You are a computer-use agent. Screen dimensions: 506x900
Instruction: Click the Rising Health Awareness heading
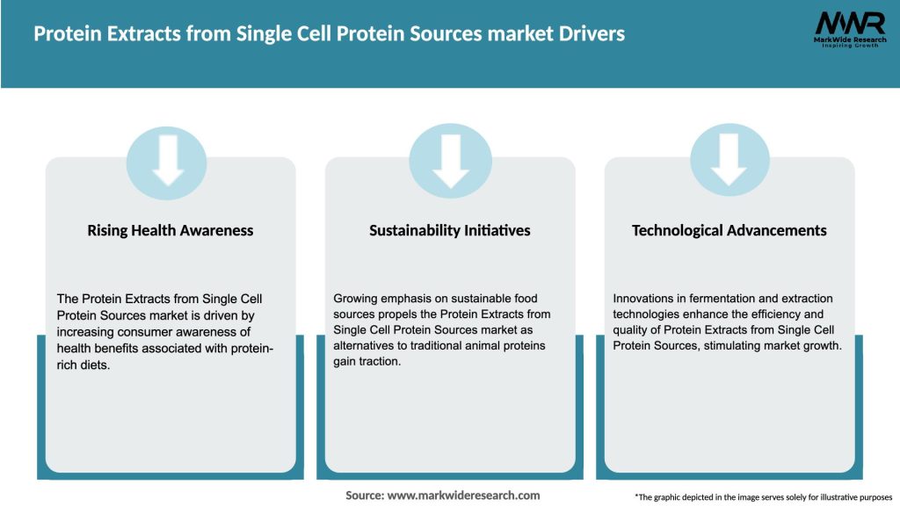[170, 231]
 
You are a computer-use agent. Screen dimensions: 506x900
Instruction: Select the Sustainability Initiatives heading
[449, 231]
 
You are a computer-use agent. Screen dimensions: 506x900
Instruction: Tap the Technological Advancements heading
[729, 231]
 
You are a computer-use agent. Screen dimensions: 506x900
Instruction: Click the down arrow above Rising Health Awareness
[167, 159]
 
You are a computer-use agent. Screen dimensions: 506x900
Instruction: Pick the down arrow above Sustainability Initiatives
[450, 159]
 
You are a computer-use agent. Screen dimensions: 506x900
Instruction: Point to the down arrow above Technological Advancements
[729, 159]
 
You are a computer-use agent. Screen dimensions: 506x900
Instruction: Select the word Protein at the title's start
[63, 34]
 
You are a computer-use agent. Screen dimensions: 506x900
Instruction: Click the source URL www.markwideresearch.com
[463, 495]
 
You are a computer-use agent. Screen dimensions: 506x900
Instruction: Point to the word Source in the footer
[364, 495]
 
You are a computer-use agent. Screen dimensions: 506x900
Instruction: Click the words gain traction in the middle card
[367, 362]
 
